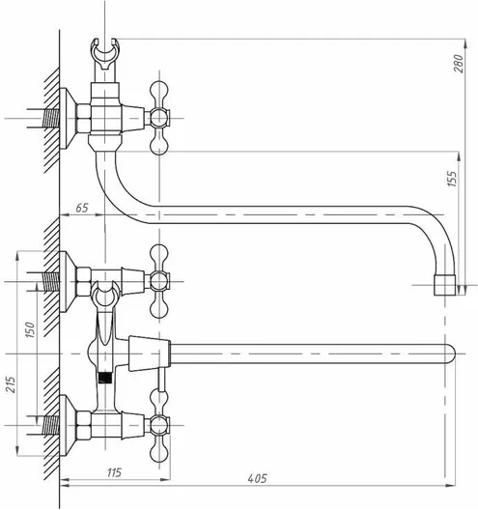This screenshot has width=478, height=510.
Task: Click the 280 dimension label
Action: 458,64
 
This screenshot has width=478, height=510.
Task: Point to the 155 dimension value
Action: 452,179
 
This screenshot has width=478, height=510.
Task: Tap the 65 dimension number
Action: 82,208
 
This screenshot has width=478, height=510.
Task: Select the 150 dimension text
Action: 30,329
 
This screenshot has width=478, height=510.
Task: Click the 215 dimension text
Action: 11,384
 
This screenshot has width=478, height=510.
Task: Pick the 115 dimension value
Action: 114,472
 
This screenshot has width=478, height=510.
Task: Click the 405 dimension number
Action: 257,478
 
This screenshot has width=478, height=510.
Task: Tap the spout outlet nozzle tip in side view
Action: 445,285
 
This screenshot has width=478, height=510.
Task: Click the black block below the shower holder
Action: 104,378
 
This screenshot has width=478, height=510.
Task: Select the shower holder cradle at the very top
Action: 104,54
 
